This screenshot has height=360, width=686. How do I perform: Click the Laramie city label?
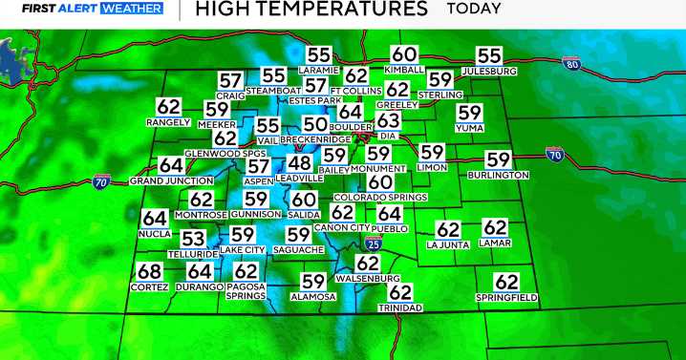pyautogui.click(x=319, y=71)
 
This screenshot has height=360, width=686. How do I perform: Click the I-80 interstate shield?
pyautogui.click(x=571, y=64)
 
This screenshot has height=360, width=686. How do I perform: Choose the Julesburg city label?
pyautogui.click(x=488, y=72)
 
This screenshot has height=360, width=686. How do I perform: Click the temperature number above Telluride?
pyautogui.click(x=193, y=240)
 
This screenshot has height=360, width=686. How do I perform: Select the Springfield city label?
pyautogui.click(x=506, y=298)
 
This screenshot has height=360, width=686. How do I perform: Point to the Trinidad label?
pyautogui.click(x=400, y=308)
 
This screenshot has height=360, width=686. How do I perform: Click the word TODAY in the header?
pyautogui.click(x=473, y=10)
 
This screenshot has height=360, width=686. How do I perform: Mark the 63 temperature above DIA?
pyautogui.click(x=388, y=121)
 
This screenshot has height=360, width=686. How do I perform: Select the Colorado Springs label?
pyautogui.click(x=380, y=198)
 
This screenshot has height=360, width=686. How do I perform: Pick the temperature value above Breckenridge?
pyautogui.click(x=314, y=125)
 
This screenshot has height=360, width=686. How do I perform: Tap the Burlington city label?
pyautogui.click(x=498, y=176)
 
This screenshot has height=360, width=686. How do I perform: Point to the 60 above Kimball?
pyautogui.click(x=404, y=55)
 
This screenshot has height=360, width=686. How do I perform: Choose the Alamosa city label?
pyautogui.click(x=313, y=297)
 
